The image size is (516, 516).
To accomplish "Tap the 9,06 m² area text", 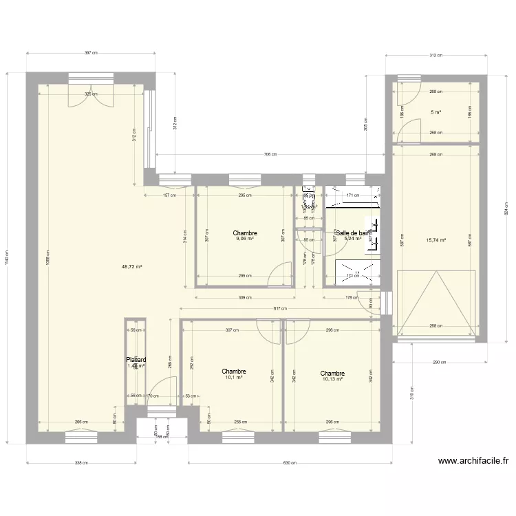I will [245, 239].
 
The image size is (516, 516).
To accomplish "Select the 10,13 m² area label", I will [332, 379].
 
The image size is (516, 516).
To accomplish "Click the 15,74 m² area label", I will [436, 240].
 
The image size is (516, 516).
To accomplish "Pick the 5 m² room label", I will [436, 112].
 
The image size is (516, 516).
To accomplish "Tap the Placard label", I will [136, 359].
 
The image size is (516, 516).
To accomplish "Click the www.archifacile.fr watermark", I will [473, 462].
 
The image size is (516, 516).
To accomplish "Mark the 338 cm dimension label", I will [82, 463].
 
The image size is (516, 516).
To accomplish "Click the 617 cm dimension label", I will [281, 309].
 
